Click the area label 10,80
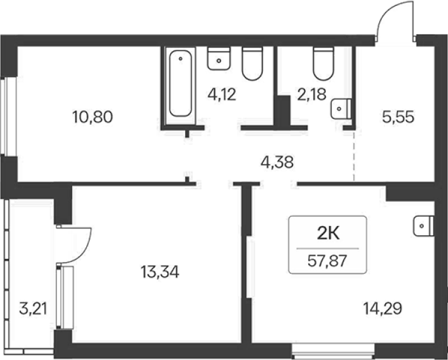(x=93, y=117)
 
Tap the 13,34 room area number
(x=160, y=272)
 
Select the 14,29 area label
(x=383, y=308)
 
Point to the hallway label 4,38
(x=277, y=163)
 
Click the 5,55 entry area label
(x=398, y=117)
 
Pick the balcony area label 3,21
(x=33, y=309)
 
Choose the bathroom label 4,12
(x=222, y=95)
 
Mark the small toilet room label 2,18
(x=312, y=95)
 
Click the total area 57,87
(x=327, y=261)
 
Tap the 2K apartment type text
(x=328, y=234)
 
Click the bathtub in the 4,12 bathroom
(x=181, y=84)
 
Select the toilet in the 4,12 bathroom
(x=252, y=63)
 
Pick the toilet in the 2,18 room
(x=324, y=63)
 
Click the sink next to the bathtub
(x=219, y=59)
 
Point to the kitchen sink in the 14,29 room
(x=423, y=226)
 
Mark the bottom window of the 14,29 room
(x=334, y=352)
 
